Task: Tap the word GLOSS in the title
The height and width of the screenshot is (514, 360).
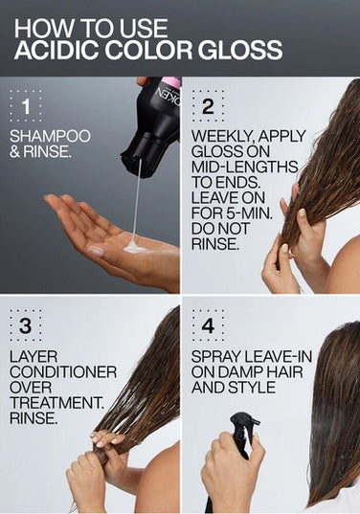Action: coord(236,50)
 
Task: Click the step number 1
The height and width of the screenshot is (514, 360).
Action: coord(27,103)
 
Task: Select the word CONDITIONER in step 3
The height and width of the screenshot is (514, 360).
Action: coord(63,371)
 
